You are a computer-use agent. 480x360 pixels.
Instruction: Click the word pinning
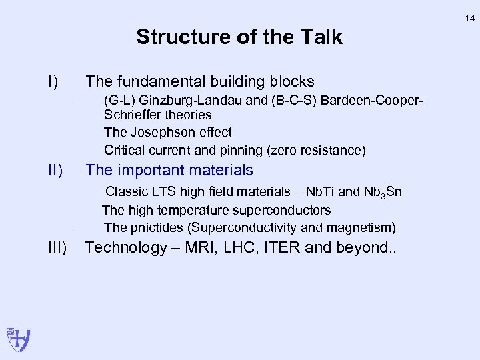pyautogui.click(x=235, y=150)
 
